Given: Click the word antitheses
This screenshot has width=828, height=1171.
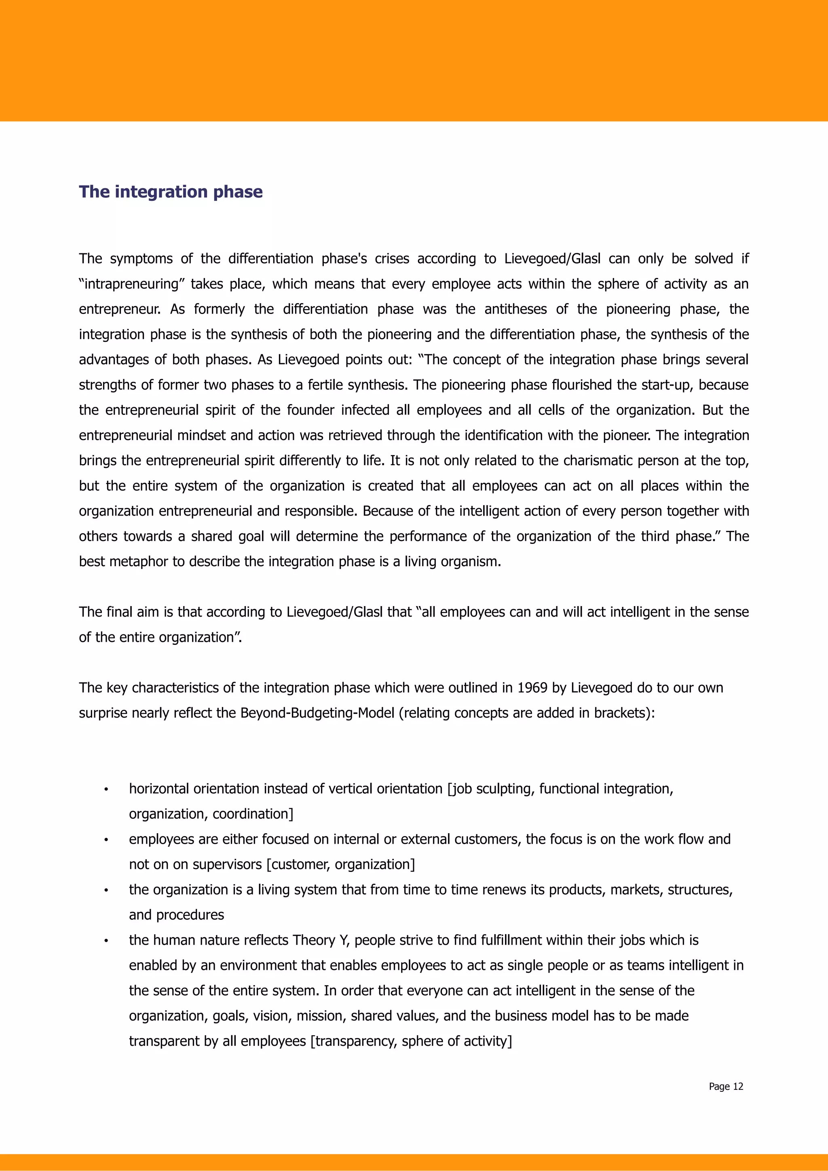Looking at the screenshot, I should coord(515,309).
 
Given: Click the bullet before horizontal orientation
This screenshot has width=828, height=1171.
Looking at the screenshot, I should coord(106,790).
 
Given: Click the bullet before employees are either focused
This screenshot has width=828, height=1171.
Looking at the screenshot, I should coord(106,840).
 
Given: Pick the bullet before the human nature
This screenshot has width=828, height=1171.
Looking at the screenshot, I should coord(106,941).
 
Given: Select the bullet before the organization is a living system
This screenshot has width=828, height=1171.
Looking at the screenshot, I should coord(106,891).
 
